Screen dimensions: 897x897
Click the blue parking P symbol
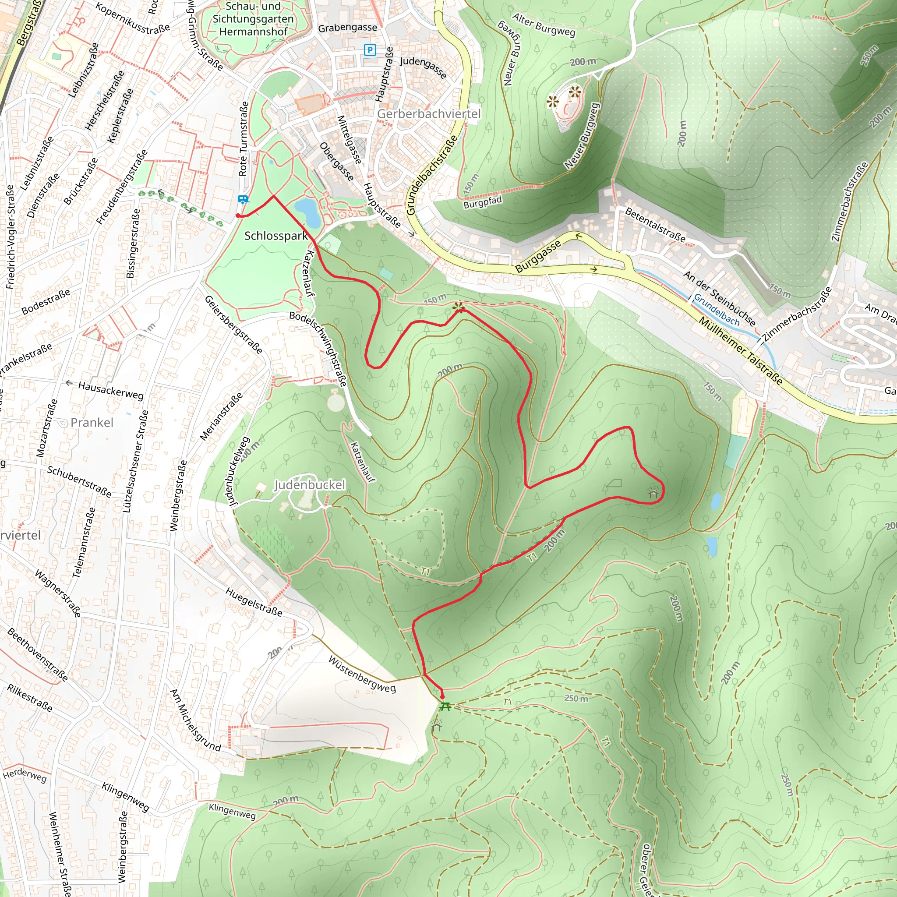coord(370,49)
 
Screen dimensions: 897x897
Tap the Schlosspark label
coord(276,236)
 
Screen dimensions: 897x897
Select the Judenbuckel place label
coord(310,485)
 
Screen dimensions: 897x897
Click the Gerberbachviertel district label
coord(428,114)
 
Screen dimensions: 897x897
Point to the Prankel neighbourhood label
coord(92,423)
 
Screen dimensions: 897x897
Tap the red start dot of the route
coord(238,215)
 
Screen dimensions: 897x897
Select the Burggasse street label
coord(538,257)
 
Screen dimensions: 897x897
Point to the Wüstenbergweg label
coord(362,674)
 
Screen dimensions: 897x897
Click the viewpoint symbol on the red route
coord(459,307)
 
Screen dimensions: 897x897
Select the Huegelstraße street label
coord(254,602)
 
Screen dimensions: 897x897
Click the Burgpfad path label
coord(483,202)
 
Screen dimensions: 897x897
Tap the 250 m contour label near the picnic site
coord(576,698)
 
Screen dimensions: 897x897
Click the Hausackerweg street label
coord(110,390)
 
